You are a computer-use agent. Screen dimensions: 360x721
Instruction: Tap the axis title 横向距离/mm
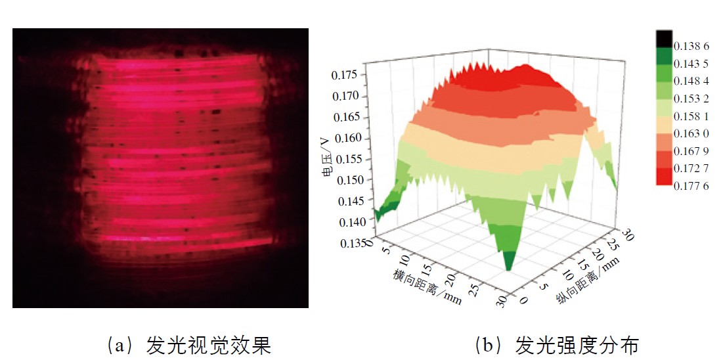pos(420,282)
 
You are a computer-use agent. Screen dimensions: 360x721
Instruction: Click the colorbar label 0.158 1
pos(691,117)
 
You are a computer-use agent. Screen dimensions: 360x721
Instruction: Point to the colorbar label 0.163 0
pos(691,133)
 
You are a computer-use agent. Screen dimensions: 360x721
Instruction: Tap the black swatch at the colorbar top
pos(664,37)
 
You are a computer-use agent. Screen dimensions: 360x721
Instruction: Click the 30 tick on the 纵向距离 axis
pos(627,233)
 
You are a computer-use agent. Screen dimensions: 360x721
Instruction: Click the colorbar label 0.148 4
pos(691,81)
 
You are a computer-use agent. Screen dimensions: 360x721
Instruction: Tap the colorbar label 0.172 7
pos(691,169)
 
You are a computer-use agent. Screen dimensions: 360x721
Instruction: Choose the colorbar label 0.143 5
pos(691,64)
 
